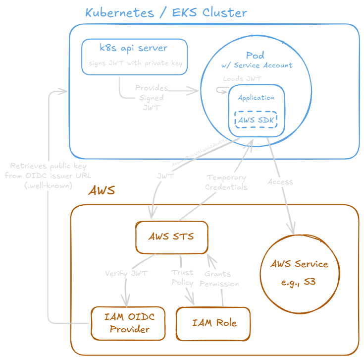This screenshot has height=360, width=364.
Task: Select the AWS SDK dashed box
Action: [x=256, y=120]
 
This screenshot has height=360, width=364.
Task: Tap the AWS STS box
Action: [x=171, y=237]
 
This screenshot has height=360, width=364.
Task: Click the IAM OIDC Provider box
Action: [x=130, y=323]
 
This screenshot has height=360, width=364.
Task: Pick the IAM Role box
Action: [x=214, y=323]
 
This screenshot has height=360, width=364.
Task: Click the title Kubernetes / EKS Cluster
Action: [x=166, y=12]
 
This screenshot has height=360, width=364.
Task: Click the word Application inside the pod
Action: [x=256, y=98]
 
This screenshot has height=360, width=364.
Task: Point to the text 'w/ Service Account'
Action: [x=257, y=65]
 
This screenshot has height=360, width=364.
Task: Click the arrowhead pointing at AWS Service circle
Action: [x=293, y=230]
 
